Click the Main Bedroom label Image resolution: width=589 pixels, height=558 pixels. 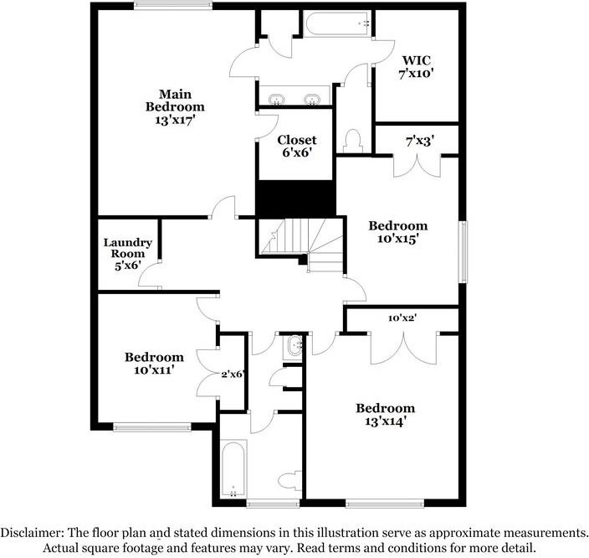point(175,106)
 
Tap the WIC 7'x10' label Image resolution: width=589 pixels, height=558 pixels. point(416,66)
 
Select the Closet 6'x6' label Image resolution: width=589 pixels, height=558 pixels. point(297,146)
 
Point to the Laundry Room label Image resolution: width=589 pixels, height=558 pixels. point(128,254)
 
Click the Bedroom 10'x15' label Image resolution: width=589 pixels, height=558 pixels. point(397,232)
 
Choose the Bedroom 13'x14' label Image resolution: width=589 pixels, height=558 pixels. point(386,414)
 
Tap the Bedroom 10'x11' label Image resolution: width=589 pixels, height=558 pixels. point(154,363)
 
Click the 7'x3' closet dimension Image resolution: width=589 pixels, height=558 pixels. point(420,142)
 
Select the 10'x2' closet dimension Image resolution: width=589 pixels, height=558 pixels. point(402,318)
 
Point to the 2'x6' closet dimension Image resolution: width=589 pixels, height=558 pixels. point(233,374)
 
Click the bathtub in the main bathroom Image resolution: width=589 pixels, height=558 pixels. point(337,24)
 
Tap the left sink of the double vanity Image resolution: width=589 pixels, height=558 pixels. point(276,100)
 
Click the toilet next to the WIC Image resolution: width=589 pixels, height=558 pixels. point(353,141)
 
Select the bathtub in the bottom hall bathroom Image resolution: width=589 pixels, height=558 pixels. point(233,468)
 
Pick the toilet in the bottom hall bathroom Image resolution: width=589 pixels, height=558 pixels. point(290,480)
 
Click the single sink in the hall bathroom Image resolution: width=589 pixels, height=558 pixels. point(294,345)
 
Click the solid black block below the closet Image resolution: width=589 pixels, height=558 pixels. point(295,199)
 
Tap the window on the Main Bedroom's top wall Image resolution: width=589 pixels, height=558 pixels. point(173,6)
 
